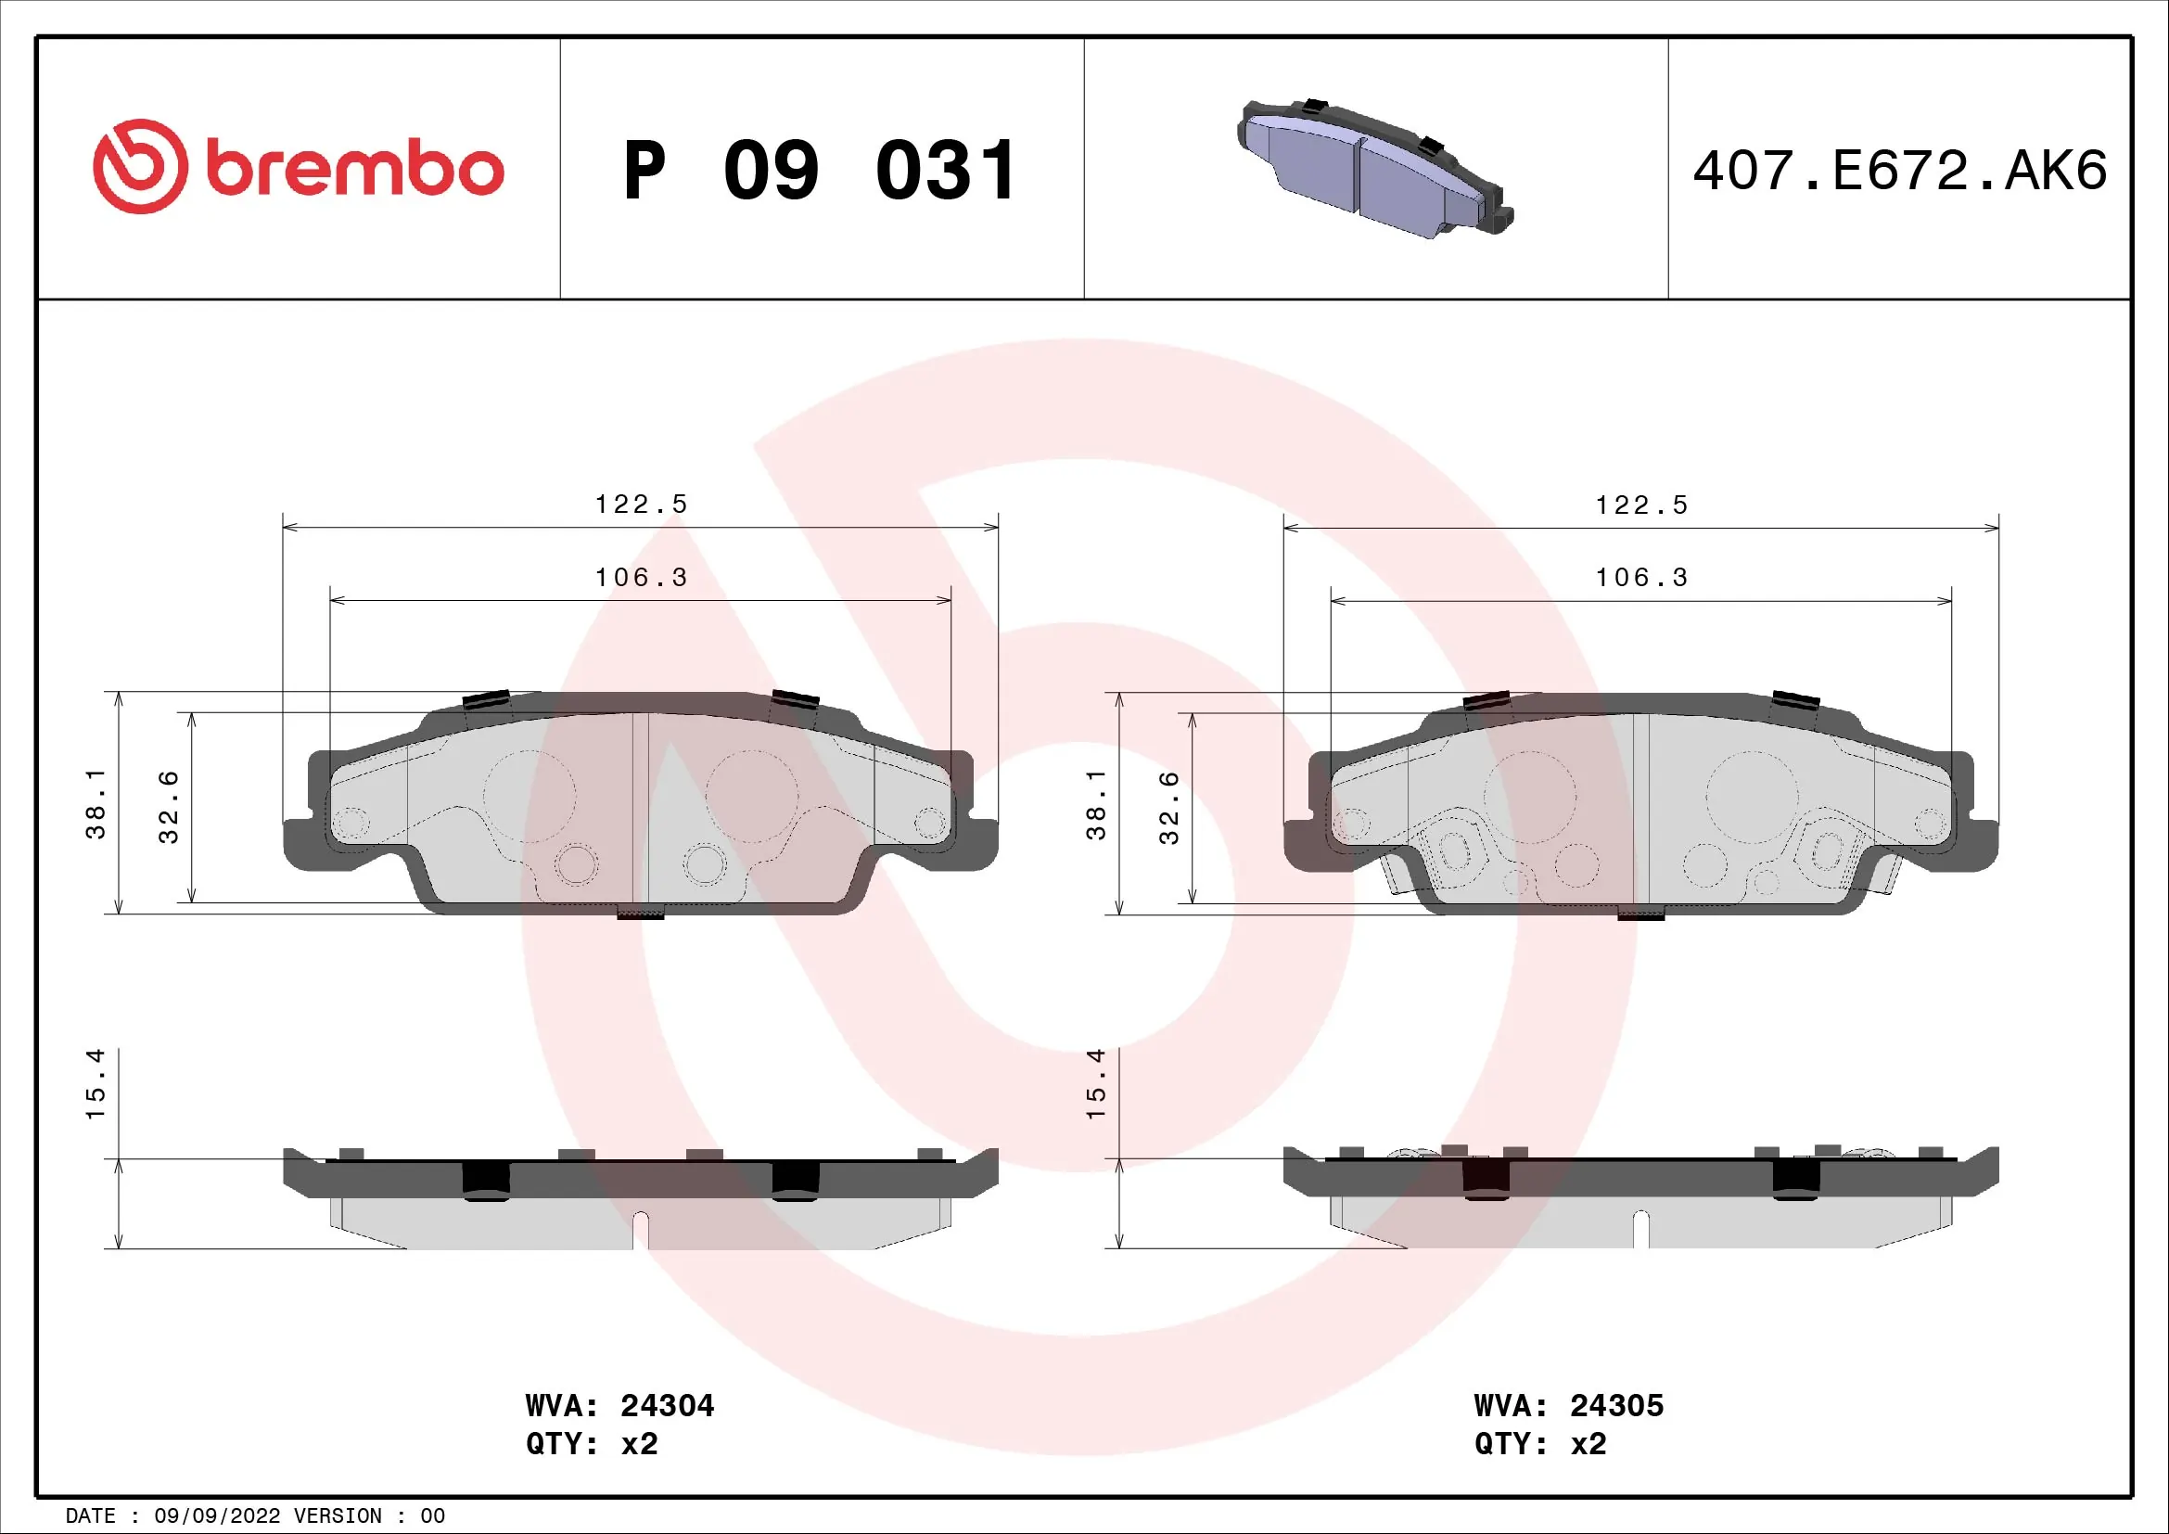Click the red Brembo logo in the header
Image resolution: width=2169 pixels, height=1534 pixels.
pyautogui.click(x=298, y=167)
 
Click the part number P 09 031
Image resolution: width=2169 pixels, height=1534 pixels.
pyautogui.click(x=819, y=171)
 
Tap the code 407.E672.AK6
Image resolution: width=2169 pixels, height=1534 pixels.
pyautogui.click(x=1899, y=171)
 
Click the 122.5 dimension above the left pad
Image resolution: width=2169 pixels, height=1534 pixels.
pyautogui.click(x=641, y=505)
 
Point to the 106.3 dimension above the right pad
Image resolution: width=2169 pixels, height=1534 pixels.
pyautogui.click(x=1641, y=577)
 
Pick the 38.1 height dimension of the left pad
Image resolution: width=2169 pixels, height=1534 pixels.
pyautogui.click(x=96, y=803)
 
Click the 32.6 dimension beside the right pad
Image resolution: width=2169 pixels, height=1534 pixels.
pyautogui.click(x=1168, y=808)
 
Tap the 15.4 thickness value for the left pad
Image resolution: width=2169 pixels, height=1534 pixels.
pyautogui.click(x=96, y=1084)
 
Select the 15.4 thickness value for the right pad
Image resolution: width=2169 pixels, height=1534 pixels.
pyautogui.click(x=1095, y=1084)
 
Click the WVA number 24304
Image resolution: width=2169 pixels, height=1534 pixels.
pyautogui.click(x=667, y=1405)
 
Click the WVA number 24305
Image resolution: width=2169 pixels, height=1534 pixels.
pyautogui.click(x=1615, y=1405)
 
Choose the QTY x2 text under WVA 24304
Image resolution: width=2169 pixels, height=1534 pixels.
pyautogui.click(x=592, y=1444)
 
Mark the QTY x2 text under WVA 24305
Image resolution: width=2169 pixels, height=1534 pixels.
pyautogui.click(x=1540, y=1444)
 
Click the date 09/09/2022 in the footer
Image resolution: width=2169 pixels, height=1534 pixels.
pyautogui.click(x=216, y=1516)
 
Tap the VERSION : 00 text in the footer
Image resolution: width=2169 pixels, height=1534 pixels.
pyautogui.click(x=368, y=1516)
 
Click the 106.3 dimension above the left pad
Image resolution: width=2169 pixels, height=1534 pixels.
pyautogui.click(x=641, y=577)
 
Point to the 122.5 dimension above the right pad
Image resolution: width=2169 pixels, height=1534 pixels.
pyautogui.click(x=1641, y=505)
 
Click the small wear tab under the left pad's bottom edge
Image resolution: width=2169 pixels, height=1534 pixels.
pyautogui.click(x=640, y=914)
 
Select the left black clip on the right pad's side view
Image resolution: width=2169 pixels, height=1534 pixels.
pyautogui.click(x=1485, y=1180)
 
